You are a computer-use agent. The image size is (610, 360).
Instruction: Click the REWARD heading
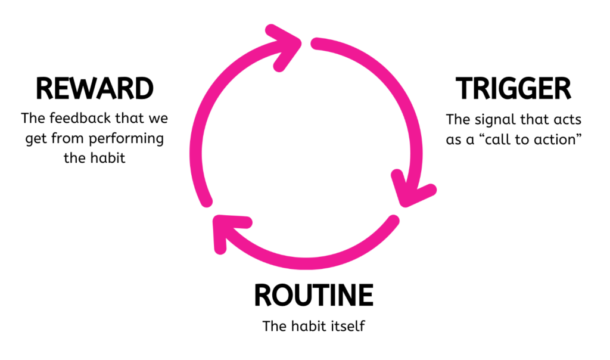click(x=95, y=89)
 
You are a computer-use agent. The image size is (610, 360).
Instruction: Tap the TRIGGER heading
click(x=513, y=89)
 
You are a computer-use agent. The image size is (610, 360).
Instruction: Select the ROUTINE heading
click(x=313, y=296)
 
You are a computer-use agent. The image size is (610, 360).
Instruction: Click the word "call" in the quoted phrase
click(x=499, y=139)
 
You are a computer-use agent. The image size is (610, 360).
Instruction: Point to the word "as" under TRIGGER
click(x=454, y=139)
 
